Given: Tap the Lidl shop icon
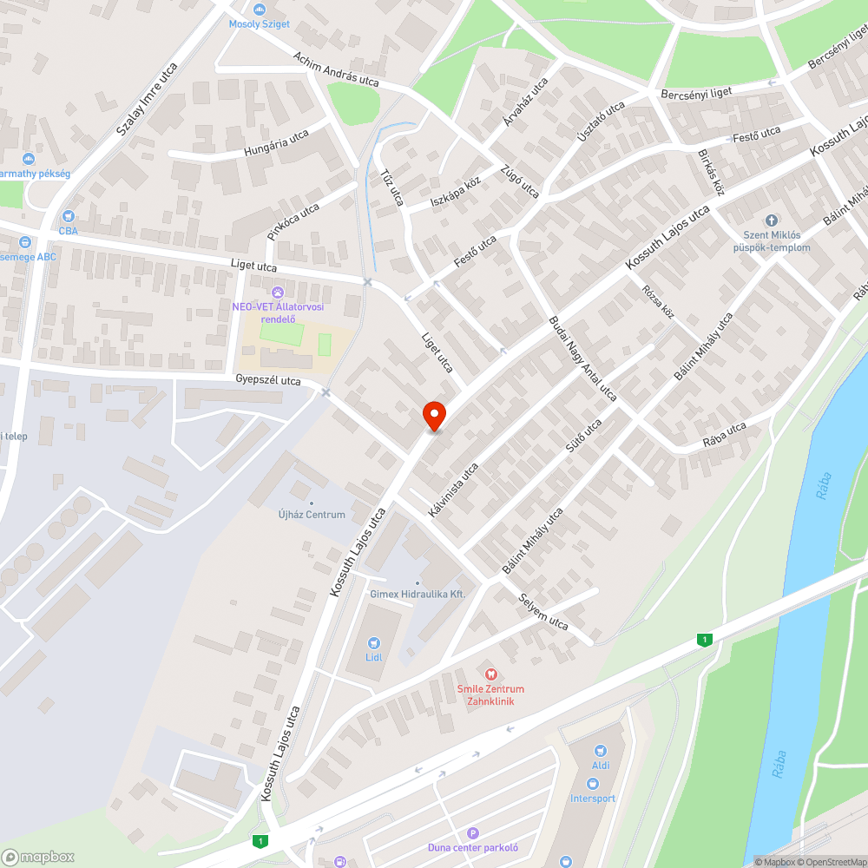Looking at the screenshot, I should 374,642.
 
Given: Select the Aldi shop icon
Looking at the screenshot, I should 600,751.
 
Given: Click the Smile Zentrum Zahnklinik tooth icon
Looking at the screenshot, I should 490,674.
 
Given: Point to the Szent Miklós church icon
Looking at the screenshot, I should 771,220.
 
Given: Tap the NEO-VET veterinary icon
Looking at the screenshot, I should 278,292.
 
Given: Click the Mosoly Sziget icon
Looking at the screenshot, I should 259,9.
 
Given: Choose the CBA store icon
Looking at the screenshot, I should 69,216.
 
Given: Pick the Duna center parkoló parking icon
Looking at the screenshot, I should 472,832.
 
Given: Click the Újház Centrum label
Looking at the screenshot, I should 312,515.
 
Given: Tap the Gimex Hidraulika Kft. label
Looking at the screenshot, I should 418,594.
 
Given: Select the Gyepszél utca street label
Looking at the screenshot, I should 268,380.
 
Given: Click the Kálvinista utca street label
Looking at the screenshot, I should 453,490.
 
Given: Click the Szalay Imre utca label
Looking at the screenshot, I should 147,101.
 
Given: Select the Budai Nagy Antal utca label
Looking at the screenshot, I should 582,358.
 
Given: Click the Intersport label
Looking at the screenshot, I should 593,798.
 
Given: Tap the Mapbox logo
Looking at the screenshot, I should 38,856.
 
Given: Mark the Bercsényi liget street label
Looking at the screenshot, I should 696,92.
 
